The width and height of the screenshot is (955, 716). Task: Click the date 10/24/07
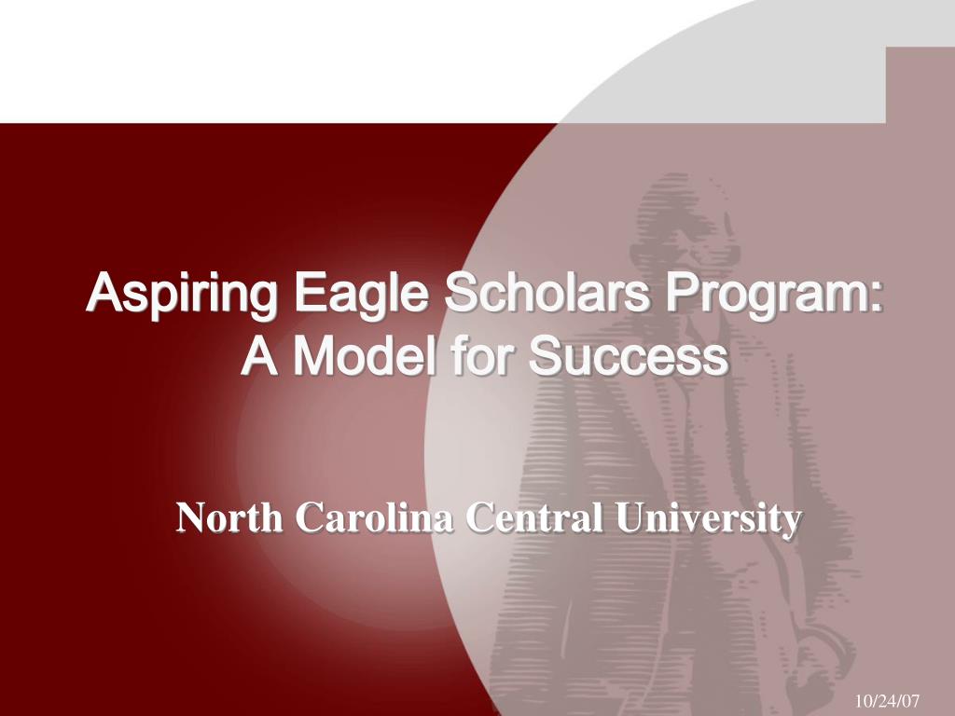887,698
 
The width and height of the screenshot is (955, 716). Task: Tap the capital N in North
191,518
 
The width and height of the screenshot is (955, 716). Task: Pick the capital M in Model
311,356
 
